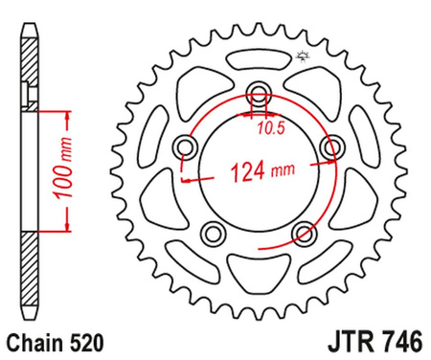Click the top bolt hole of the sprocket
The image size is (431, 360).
[x=259, y=93]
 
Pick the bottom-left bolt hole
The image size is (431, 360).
[x=214, y=233]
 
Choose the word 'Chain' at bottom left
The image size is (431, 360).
[x=31, y=340]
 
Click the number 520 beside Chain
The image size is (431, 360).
[x=81, y=340]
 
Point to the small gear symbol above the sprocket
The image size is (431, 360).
[x=306, y=31]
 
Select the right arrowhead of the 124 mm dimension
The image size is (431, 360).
[x=327, y=176]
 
